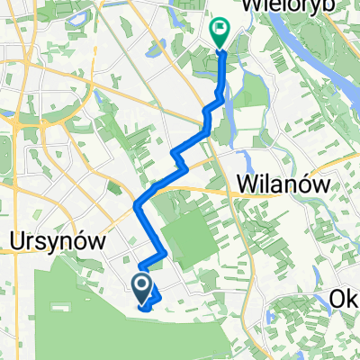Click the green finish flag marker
coord(220,32)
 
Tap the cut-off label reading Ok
coord(346,298)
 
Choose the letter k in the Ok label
coord(353,298)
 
